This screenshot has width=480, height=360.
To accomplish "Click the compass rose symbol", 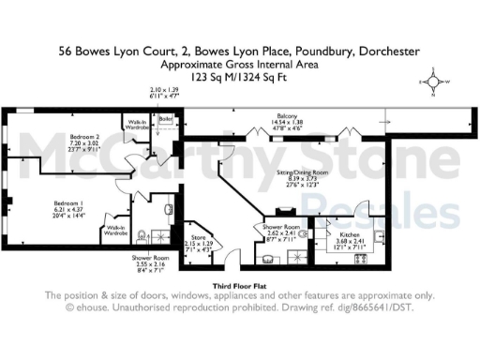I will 435,82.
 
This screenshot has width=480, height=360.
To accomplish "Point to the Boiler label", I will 166,119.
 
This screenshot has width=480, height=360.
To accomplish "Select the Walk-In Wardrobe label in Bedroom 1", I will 116,231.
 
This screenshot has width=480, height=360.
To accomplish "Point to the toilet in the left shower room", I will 139,234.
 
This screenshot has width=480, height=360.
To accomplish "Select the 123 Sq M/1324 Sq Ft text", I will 239,80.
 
